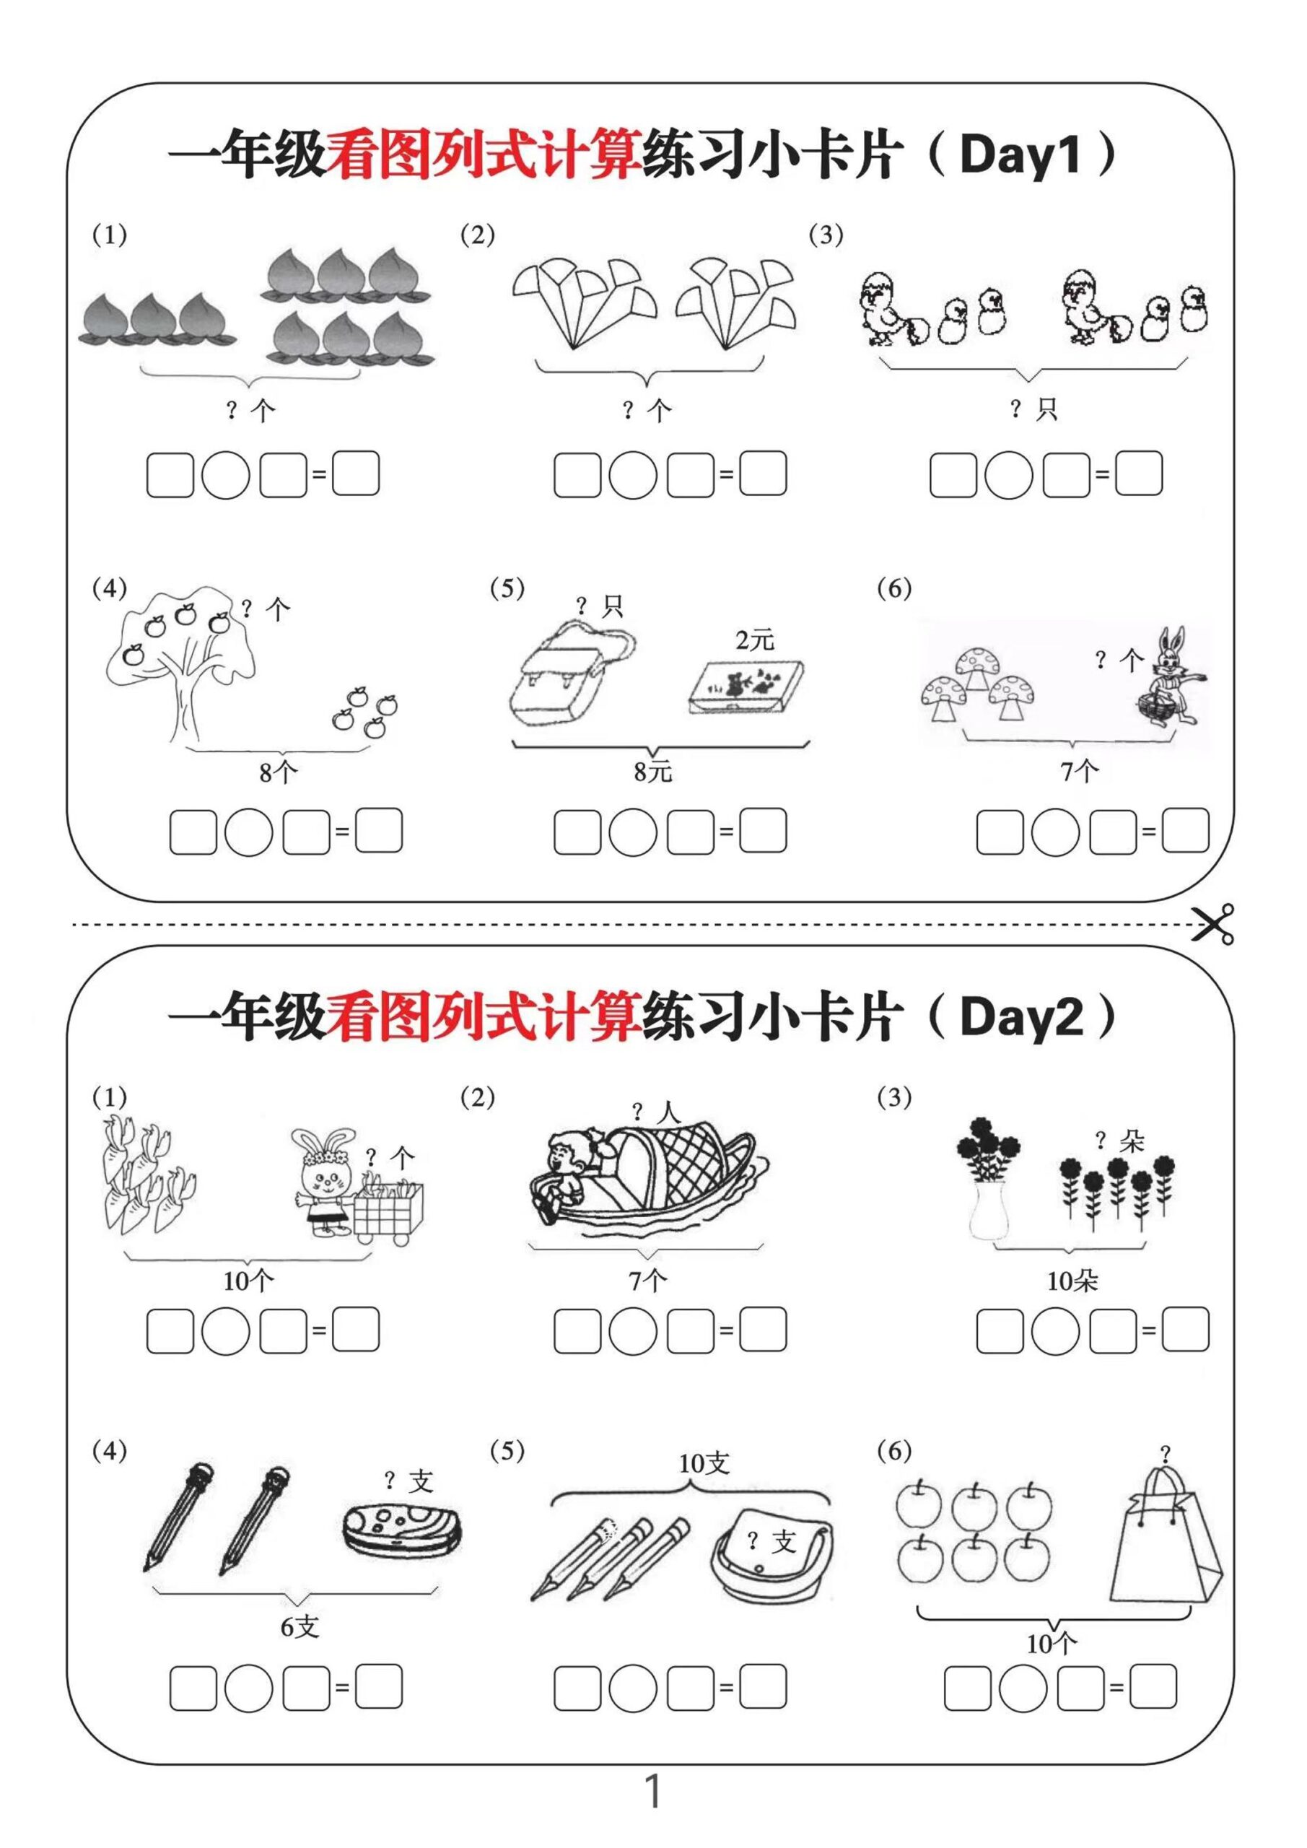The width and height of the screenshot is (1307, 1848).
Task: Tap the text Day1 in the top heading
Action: [x=1019, y=154]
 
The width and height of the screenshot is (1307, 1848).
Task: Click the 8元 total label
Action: [x=652, y=772]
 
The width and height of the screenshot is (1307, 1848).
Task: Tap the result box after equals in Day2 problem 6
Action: [x=1153, y=1687]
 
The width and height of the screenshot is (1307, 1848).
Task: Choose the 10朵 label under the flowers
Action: [x=1071, y=1281]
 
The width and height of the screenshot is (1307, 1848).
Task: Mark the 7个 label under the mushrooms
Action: [x=1079, y=772]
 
